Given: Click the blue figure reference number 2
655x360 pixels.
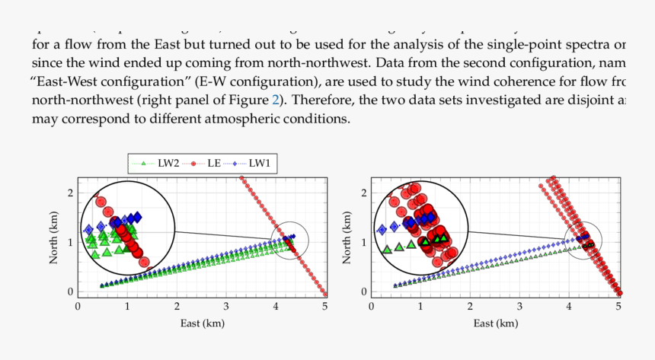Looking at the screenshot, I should pyautogui.click(x=278, y=100).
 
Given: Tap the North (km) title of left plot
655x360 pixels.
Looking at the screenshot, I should pyautogui.click(x=54, y=235).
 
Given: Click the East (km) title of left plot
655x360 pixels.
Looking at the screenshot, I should pyautogui.click(x=201, y=323).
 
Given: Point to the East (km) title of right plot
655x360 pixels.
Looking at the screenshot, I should pyautogui.click(x=494, y=323).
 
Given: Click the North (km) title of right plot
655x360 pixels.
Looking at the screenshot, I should pyautogui.click(x=347, y=235).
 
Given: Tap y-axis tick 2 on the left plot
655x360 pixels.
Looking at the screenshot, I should pyautogui.click(x=70, y=193).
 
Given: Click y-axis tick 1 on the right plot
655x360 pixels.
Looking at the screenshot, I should pyautogui.click(x=364, y=242).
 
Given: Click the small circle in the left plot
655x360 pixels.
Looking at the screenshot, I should pyautogui.click(x=289, y=241).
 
